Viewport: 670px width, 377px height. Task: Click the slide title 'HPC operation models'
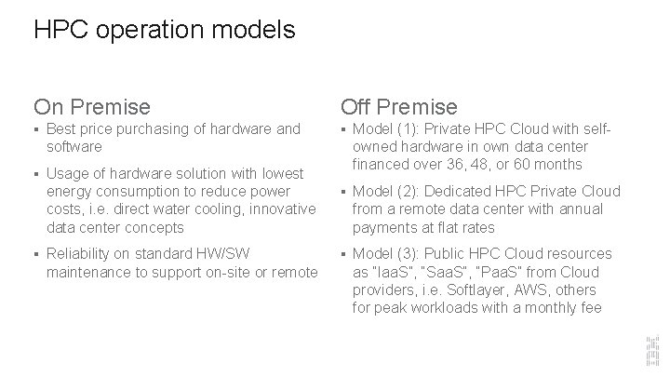pos(164,30)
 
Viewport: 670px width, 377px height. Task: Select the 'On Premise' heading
pos(91,107)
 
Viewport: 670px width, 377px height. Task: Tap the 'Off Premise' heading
pos(399,107)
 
